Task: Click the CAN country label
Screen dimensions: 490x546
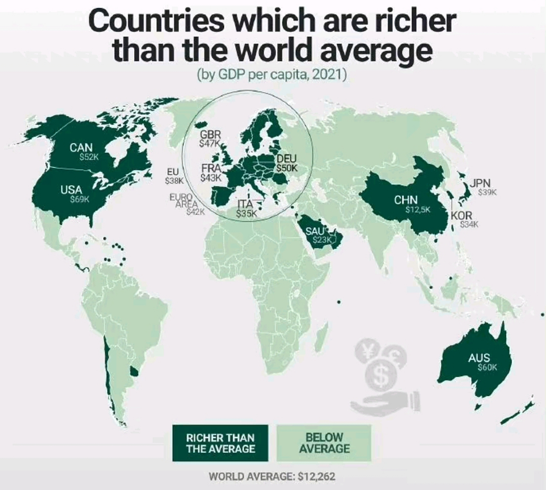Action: [x=81, y=147]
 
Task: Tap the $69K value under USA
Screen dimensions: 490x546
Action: [x=80, y=199]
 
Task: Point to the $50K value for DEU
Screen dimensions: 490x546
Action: [x=287, y=168]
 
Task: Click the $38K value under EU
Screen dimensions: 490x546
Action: [x=174, y=180]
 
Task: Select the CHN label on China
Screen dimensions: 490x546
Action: [x=406, y=199]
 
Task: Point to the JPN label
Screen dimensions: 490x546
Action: [x=480, y=183]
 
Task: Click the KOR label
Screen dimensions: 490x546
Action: [x=461, y=215]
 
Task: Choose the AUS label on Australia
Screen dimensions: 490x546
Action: [x=479, y=358]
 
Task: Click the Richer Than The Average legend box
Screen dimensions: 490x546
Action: [x=220, y=443]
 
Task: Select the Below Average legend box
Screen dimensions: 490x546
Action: [x=324, y=443]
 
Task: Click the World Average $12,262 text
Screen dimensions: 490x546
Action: [x=272, y=477]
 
